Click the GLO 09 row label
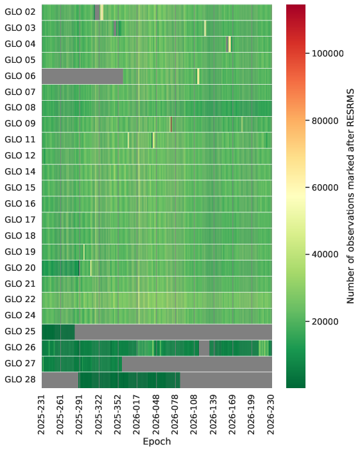[x=20, y=124]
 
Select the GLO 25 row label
[x=20, y=332]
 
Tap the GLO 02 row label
[x=20, y=12]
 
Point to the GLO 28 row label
[x=20, y=380]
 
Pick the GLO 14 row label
[x=20, y=172]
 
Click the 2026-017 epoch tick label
[x=137, y=415]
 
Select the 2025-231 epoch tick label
[x=42, y=415]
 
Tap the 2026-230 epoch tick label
[x=271, y=415]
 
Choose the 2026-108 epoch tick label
[x=194, y=415]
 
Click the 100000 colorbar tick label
[x=328, y=54]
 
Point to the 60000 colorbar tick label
[x=325, y=188]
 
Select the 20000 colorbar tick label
[x=325, y=322]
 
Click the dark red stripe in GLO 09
[x=171, y=124]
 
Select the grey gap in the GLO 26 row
[x=204, y=348]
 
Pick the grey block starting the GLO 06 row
[x=83, y=76]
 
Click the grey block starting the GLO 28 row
[x=60, y=380]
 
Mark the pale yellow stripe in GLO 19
[x=84, y=252]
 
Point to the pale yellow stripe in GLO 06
[x=198, y=76]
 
